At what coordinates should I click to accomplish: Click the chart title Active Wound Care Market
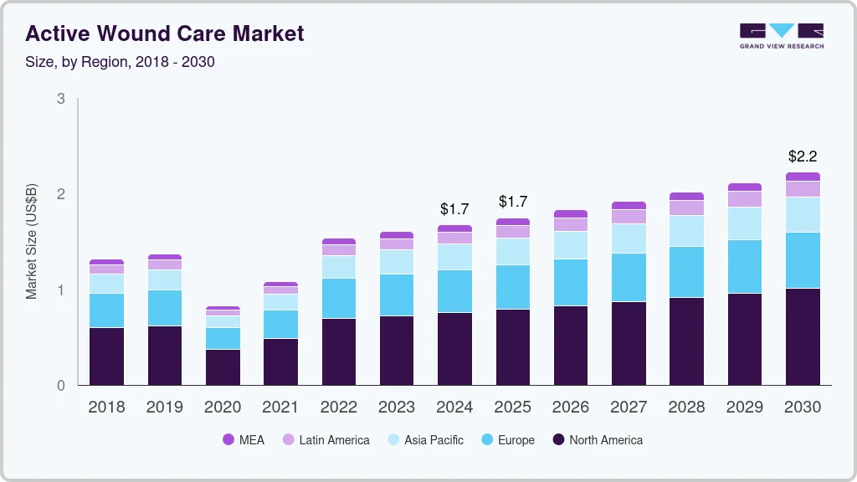(x=165, y=33)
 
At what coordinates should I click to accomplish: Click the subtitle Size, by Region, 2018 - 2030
(x=121, y=62)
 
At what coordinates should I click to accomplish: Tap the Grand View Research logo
(x=781, y=35)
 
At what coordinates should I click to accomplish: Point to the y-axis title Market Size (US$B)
(x=32, y=242)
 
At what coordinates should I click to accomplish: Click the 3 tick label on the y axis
(x=60, y=99)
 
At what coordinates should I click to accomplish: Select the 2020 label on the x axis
(x=223, y=407)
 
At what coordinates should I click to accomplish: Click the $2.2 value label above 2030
(x=802, y=156)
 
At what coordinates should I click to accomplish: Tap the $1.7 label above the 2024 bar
(x=454, y=208)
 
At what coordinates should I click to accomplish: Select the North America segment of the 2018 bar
(x=106, y=356)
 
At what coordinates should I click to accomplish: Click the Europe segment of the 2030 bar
(x=803, y=260)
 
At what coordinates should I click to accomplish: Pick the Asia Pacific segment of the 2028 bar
(x=686, y=231)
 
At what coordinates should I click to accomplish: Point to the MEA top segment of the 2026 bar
(x=570, y=214)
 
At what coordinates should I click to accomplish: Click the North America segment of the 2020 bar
(x=223, y=367)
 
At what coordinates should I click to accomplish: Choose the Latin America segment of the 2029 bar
(x=744, y=199)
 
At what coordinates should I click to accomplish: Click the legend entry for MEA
(x=244, y=439)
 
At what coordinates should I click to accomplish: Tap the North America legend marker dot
(x=557, y=439)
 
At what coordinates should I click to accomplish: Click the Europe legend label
(x=516, y=439)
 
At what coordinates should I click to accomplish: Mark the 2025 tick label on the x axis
(x=512, y=407)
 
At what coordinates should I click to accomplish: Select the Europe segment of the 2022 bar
(x=339, y=299)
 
